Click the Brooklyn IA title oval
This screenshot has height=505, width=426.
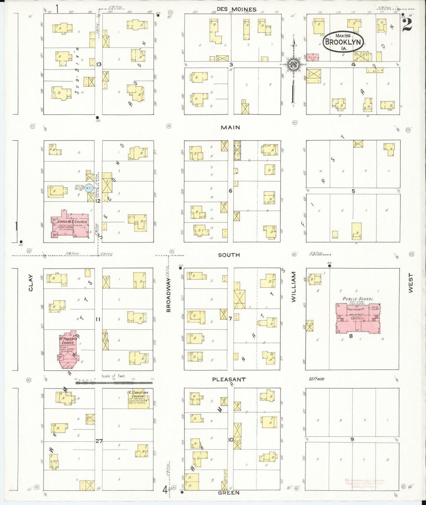pos(343,42)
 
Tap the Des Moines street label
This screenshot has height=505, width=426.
pos(237,9)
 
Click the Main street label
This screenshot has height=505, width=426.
pos(230,127)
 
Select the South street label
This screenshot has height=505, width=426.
pos(229,255)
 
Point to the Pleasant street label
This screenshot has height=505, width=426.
pos(229,379)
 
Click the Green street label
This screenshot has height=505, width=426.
pos(229,493)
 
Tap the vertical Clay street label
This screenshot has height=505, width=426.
pos(31,283)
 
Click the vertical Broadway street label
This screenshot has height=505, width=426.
pos(169,295)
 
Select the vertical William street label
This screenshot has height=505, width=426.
pos(293,287)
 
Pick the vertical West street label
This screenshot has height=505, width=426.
pos(411,283)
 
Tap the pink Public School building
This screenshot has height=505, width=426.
pos(358,318)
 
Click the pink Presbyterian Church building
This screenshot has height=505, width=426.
pos(68,348)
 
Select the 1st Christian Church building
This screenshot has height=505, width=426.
pos(139,400)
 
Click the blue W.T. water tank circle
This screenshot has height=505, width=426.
pos(89,188)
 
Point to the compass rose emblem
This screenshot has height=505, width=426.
pos(294,65)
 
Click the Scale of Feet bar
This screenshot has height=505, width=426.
pos(114,382)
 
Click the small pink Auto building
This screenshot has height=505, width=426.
pos(311,57)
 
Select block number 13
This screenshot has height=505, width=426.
pos(98,64)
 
